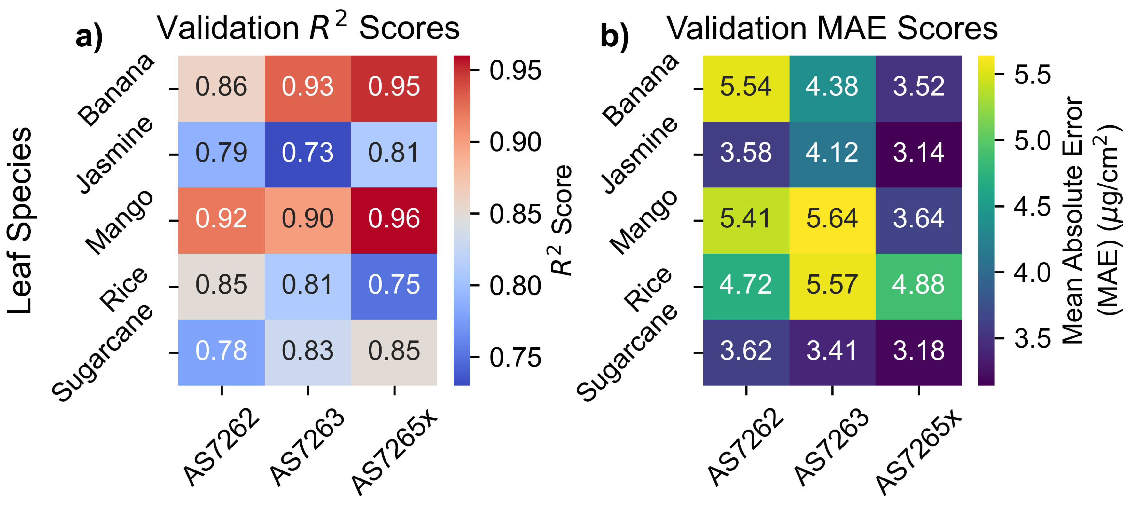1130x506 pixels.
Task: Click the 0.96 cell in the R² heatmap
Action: coord(394,218)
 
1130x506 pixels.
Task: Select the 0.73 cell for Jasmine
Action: coord(308,153)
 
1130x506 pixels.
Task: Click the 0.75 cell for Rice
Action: coord(394,284)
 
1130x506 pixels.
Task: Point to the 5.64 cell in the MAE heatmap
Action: coord(832,218)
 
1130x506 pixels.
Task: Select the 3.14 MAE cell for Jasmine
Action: coord(918,153)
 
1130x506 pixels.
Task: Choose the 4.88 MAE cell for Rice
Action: coord(918,284)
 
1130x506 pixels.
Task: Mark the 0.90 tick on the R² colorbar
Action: coord(515,142)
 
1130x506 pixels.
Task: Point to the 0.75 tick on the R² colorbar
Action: coord(515,358)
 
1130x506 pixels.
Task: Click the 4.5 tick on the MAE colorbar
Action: coord(1032,206)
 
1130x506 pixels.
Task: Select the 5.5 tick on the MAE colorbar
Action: coord(1032,74)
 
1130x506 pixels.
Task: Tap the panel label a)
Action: coord(89,37)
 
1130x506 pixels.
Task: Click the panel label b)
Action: coord(614,37)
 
